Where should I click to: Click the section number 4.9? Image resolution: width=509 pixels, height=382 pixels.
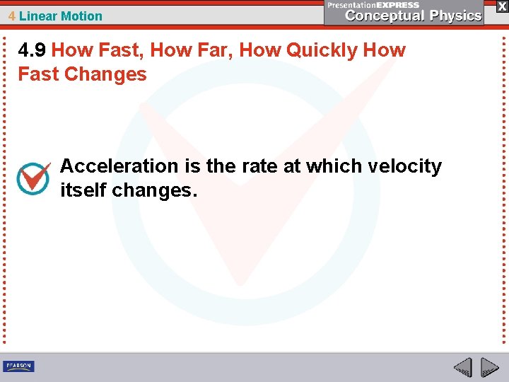[33, 51]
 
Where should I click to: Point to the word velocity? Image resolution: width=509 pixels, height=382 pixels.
[405, 166]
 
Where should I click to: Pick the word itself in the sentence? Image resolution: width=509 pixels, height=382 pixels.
[83, 190]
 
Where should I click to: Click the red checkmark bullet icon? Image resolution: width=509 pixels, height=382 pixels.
[33, 179]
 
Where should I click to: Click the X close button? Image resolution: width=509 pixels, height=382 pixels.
[501, 6]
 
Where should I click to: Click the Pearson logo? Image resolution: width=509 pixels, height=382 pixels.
[18, 366]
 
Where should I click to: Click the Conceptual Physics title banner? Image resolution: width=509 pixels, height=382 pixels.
[414, 16]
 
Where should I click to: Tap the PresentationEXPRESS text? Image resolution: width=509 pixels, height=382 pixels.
[373, 4]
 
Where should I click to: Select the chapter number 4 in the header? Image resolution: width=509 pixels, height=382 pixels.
[12, 16]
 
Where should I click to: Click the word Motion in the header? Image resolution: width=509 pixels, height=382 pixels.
[82, 16]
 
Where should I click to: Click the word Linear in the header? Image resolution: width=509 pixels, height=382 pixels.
[39, 16]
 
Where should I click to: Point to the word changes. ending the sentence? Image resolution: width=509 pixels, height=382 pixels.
[155, 190]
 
